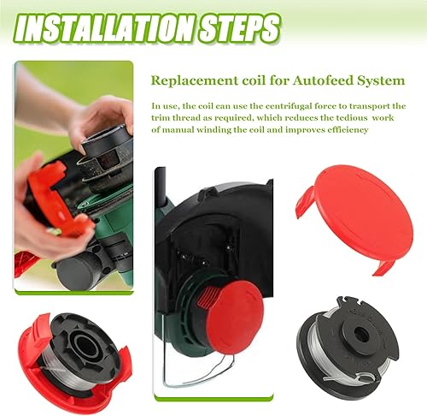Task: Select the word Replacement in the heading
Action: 195,81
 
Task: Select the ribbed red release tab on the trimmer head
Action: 207,296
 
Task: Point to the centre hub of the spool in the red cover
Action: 85,344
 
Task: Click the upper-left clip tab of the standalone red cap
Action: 306,202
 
